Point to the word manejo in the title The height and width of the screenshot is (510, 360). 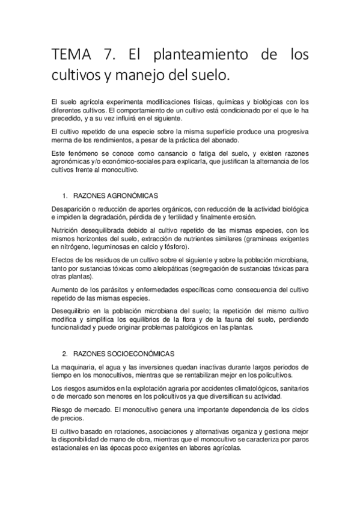(165, 76)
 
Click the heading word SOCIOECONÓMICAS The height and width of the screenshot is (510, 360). (140, 354)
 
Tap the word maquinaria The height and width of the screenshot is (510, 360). (79, 367)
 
